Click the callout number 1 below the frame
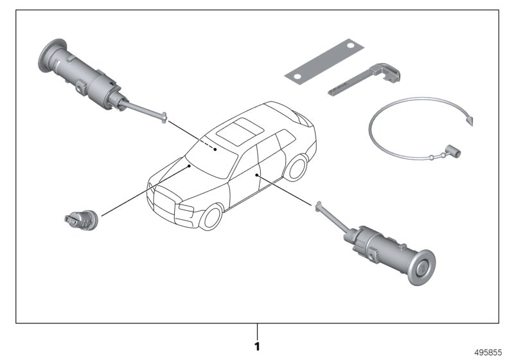click(x=257, y=346)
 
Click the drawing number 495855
click(x=488, y=352)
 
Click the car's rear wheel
click(x=296, y=168)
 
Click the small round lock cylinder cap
click(x=82, y=220)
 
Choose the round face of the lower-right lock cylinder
click(x=421, y=267)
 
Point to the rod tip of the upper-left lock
click(x=164, y=118)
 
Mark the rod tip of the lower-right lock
click(x=318, y=206)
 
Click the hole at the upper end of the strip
click(x=350, y=46)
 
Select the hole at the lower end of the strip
click(x=297, y=76)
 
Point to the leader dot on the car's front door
click(x=256, y=175)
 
